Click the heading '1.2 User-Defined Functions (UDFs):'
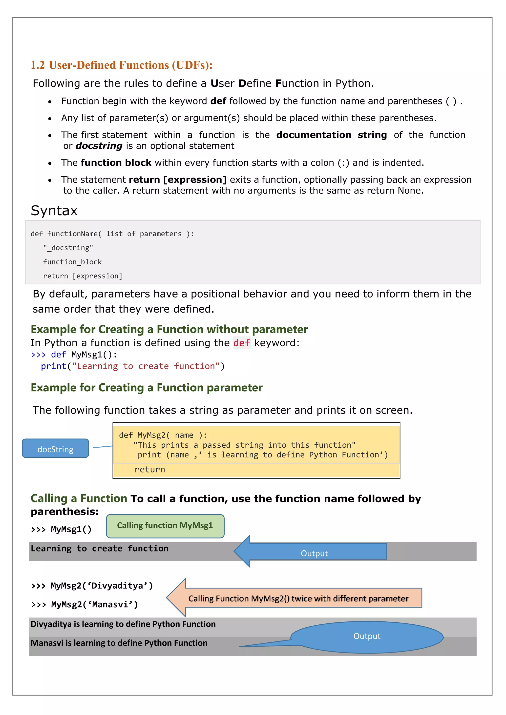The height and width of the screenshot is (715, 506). pos(122,65)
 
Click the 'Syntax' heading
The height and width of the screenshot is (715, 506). pos(54,211)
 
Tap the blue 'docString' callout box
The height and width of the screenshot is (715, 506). pos(55,449)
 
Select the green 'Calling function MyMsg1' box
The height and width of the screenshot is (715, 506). pos(165,526)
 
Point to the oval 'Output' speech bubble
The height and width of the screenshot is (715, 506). pos(367,636)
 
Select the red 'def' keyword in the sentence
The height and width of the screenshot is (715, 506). pos(242,343)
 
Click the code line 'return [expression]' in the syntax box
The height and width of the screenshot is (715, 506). pos(83,276)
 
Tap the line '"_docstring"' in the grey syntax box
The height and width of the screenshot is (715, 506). pos(68,248)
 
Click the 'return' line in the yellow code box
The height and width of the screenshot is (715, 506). pos(150,470)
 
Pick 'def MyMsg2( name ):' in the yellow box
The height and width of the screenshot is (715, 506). pos(163,435)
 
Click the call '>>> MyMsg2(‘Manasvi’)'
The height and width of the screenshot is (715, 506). pos(84,605)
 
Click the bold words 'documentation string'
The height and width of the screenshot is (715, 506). pos(332,135)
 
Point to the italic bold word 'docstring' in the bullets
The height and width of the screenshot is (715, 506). pos(99,146)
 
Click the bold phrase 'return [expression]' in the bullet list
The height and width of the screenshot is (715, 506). pos(178,180)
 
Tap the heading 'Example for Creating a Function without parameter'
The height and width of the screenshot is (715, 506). pos(169,329)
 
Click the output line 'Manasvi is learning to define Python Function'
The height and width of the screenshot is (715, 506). pos(119,643)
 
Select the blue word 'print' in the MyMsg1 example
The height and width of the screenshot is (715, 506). pos(54,366)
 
